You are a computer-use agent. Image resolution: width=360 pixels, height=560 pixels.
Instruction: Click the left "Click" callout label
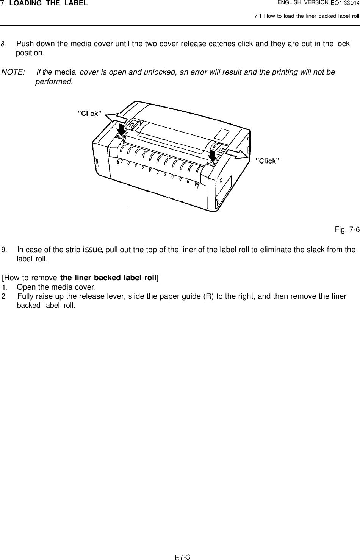point(89,113)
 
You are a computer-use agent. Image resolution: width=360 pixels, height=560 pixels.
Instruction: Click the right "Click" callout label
point(268,161)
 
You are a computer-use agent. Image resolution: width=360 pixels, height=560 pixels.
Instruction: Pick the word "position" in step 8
point(30,53)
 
